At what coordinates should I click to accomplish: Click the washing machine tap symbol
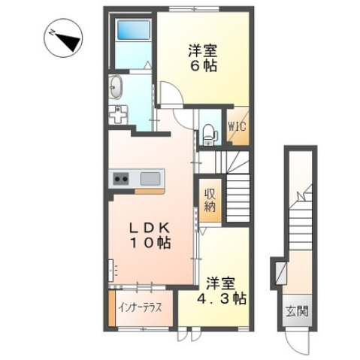click(119, 115)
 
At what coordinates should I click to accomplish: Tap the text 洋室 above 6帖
click(201, 50)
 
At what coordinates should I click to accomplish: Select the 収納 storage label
click(210, 198)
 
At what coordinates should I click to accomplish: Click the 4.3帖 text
click(226, 298)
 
